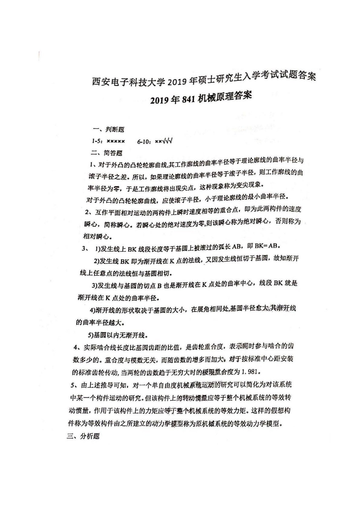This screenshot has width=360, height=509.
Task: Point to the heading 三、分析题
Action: coord(83,436)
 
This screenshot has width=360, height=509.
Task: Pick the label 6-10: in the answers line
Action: coord(144,141)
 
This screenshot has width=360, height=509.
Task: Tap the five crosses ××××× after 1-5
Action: coord(116,141)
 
